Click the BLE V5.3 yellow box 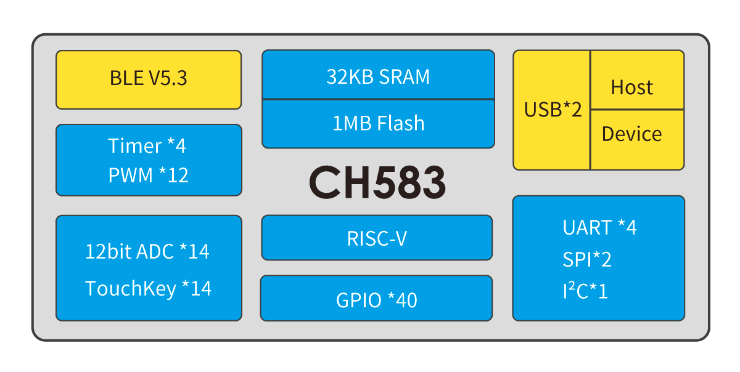[x=149, y=79]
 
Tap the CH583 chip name [x=377, y=182]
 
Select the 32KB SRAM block [x=378, y=75]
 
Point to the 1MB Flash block [x=378, y=124]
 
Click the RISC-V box [x=377, y=238]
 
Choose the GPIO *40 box [x=376, y=298]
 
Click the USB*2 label [x=553, y=109]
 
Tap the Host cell [x=637, y=80]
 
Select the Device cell [x=637, y=140]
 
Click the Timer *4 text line [x=147, y=145]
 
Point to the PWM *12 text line [x=149, y=175]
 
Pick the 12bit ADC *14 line [x=147, y=251]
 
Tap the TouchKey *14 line [x=149, y=288]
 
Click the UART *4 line [x=599, y=227]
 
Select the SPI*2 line [x=587, y=259]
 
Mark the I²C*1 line [x=585, y=291]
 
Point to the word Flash [x=401, y=123]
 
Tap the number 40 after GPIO [x=406, y=300]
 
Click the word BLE [x=126, y=78]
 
